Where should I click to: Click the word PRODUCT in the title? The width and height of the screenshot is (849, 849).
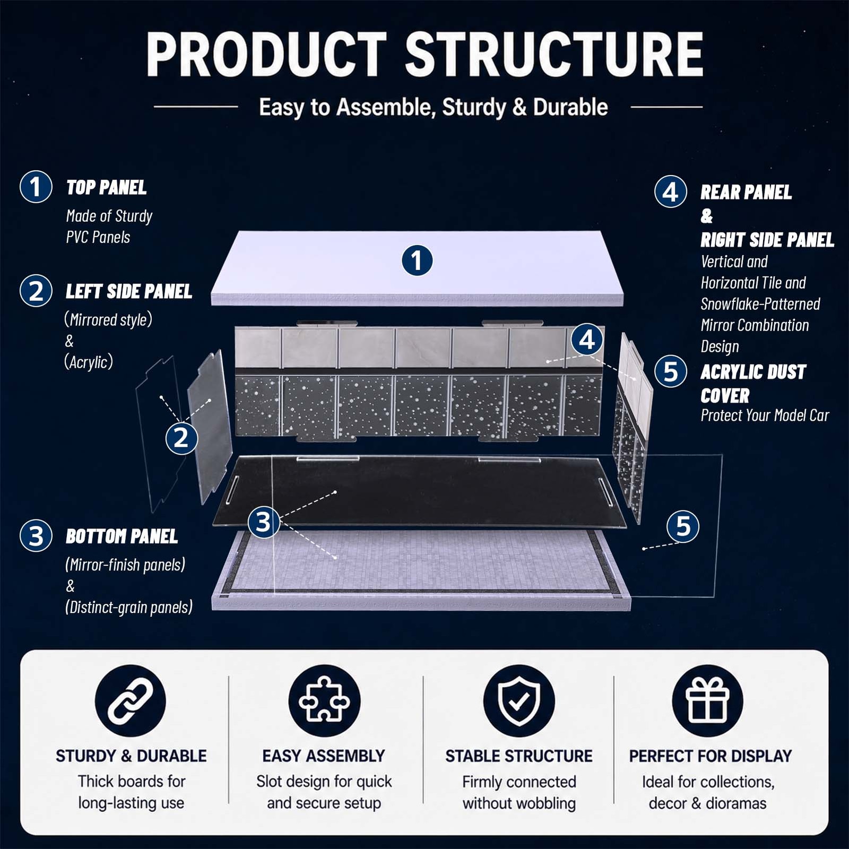point(267,54)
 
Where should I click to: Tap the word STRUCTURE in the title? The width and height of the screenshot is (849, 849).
point(555,54)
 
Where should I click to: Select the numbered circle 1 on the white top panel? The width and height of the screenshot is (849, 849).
point(417,260)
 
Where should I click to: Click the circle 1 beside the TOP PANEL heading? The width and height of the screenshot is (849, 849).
point(36,187)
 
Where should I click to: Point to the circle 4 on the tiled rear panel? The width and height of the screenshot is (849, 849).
point(587,340)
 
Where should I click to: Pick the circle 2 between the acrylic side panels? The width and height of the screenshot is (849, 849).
point(181,438)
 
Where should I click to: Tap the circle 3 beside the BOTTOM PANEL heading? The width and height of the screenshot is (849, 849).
point(36,536)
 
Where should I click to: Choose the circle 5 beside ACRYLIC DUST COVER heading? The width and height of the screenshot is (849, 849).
point(671,371)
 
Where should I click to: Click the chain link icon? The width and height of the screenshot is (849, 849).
point(131,701)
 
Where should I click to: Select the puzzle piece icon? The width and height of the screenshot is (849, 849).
point(324,701)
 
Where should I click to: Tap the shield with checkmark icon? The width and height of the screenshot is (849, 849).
point(519,701)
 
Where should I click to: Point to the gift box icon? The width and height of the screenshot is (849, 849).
point(708,701)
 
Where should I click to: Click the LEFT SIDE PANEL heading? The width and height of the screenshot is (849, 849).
point(129,291)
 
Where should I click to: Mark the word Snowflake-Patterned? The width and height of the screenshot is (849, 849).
point(760,304)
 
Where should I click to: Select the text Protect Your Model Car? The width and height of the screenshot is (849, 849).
point(765,415)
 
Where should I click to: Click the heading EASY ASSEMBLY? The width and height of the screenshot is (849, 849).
point(324,756)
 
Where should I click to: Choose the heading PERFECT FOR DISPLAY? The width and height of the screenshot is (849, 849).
point(711,756)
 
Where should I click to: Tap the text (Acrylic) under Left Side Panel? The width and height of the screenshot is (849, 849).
point(89,362)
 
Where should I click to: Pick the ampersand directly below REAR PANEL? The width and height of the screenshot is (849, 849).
point(707,216)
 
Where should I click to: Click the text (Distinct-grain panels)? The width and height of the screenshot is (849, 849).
point(129,608)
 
